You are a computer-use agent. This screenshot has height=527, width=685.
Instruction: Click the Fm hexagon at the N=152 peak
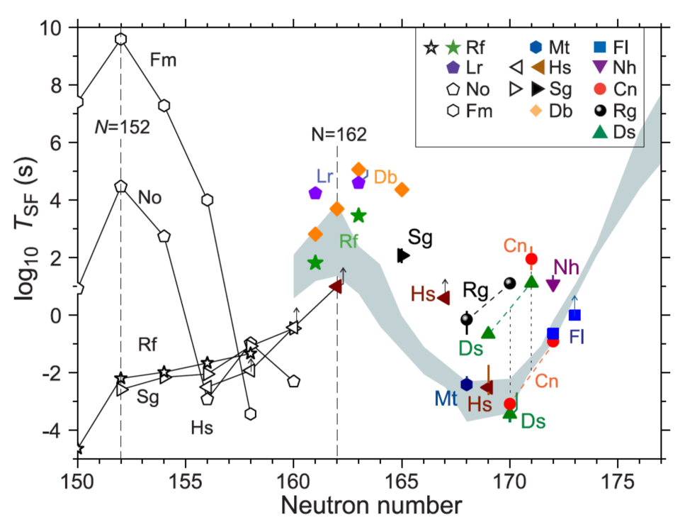pyautogui.click(x=121, y=39)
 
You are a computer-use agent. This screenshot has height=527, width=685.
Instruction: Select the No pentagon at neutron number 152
pyautogui.click(x=121, y=186)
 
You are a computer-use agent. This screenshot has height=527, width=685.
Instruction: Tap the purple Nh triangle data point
pyautogui.click(x=553, y=284)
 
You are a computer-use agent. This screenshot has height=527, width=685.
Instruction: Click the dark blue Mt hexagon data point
pyautogui.click(x=466, y=384)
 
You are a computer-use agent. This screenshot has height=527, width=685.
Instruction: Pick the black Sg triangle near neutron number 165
pyautogui.click(x=403, y=255)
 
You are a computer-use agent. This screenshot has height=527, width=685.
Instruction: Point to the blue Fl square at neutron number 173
pyautogui.click(x=574, y=315)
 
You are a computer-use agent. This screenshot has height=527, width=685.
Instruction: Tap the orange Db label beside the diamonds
pyautogui.click(x=386, y=177)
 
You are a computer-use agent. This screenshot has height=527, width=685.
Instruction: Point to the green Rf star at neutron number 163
pyautogui.click(x=358, y=216)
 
